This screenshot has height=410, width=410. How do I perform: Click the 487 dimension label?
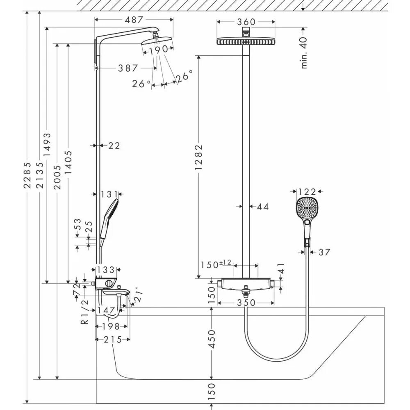(134, 20)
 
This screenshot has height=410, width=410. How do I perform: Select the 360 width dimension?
(246, 22)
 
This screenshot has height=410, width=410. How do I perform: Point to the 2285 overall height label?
(27, 174)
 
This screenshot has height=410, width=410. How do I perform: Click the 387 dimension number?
(128, 68)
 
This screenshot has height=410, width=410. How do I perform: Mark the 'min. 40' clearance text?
(304, 52)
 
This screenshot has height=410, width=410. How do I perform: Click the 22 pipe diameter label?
(114, 145)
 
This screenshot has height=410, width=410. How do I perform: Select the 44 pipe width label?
(263, 207)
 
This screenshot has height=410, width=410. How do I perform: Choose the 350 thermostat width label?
(246, 303)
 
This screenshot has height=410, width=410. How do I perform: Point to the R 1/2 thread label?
(85, 312)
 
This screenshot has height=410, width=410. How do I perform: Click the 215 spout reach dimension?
(113, 339)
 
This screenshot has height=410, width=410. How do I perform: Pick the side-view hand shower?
(109, 219)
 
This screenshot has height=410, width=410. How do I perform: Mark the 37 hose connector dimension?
(324, 252)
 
